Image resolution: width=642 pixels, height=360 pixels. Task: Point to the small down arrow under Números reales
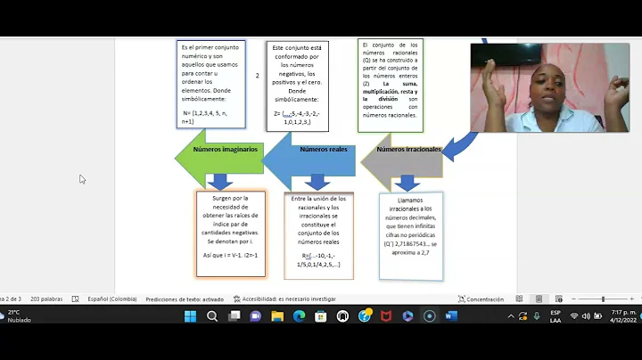coord(318,183)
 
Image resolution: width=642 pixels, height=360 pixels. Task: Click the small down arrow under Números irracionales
coord(408,183)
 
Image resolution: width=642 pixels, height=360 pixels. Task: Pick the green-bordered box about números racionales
coord(391,85)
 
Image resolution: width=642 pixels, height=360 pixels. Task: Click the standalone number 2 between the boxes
coord(257,77)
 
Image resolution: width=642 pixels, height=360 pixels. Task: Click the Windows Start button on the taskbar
coord(190,315)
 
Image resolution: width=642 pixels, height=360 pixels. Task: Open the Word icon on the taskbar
coord(450,315)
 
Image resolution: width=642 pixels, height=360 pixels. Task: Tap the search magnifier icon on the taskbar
coord(212,315)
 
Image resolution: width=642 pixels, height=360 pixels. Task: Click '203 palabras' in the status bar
coord(46,299)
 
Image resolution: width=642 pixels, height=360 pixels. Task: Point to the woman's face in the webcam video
coord(545,87)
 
